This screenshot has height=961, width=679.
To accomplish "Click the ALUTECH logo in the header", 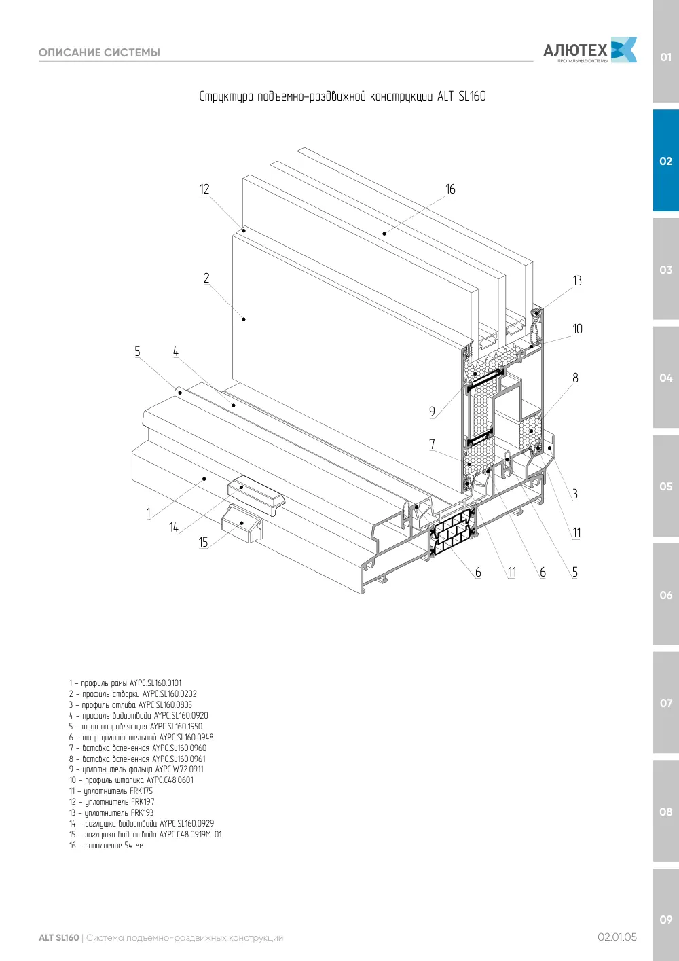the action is click(590, 50).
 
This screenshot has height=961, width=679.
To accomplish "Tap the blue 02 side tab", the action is click(665, 160).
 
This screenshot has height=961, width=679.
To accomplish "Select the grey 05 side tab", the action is click(665, 486).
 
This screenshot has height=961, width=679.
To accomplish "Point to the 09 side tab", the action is click(665, 920).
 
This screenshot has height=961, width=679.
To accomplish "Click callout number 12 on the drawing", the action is click(204, 189).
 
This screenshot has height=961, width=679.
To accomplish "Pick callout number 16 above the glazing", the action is click(450, 189).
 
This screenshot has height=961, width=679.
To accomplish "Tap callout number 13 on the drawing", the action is click(577, 280).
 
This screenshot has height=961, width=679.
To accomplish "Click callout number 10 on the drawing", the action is click(577, 329).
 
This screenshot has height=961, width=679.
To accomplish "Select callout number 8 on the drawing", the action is click(575, 378).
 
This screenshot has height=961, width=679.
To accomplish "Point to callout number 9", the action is click(432, 412).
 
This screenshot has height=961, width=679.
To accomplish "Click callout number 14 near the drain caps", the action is click(173, 527).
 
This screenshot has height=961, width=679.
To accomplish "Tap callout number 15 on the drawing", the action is click(203, 542).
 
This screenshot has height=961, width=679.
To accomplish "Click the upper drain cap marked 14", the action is click(256, 496).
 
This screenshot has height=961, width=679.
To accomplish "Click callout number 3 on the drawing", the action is click(575, 494).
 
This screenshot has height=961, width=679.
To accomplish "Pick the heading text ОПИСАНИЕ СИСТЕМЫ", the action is click(99, 52).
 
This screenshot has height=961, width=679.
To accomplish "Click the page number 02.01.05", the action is click(617, 937).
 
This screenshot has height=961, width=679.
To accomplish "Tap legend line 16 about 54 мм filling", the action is click(107, 845).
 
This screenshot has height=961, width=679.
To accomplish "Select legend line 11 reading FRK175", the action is click(111, 791).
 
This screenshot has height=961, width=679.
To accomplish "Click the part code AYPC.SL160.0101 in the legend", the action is click(155, 683).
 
